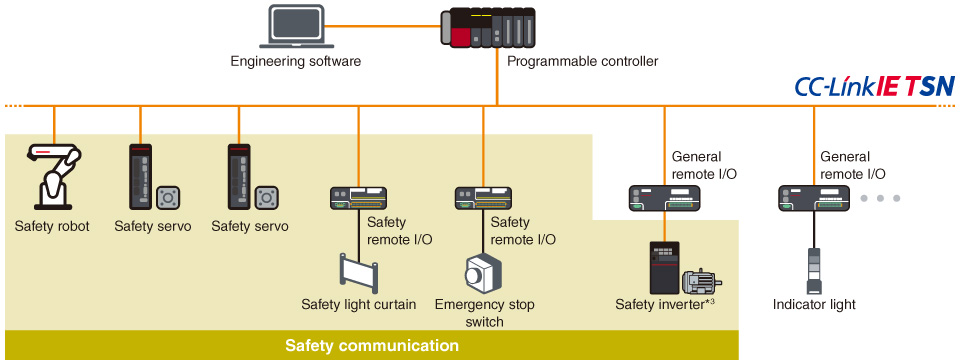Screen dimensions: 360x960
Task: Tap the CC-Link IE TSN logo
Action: (x=874, y=87)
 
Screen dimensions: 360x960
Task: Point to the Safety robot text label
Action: (x=52, y=227)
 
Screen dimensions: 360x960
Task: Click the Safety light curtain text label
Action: (x=358, y=304)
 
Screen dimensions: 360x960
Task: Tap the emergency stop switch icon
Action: (x=484, y=273)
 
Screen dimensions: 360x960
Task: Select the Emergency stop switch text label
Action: (x=484, y=312)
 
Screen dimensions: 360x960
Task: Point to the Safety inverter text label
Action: (x=663, y=305)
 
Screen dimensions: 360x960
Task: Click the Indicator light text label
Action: (x=814, y=305)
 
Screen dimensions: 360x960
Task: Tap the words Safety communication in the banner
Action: (x=371, y=346)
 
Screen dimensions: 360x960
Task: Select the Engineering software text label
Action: (x=296, y=62)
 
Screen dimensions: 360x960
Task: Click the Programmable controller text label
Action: (x=583, y=62)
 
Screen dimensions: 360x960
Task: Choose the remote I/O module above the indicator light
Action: (x=813, y=199)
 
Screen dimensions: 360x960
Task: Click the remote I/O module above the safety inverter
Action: (x=663, y=199)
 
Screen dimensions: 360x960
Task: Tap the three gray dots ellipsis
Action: (x=881, y=199)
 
